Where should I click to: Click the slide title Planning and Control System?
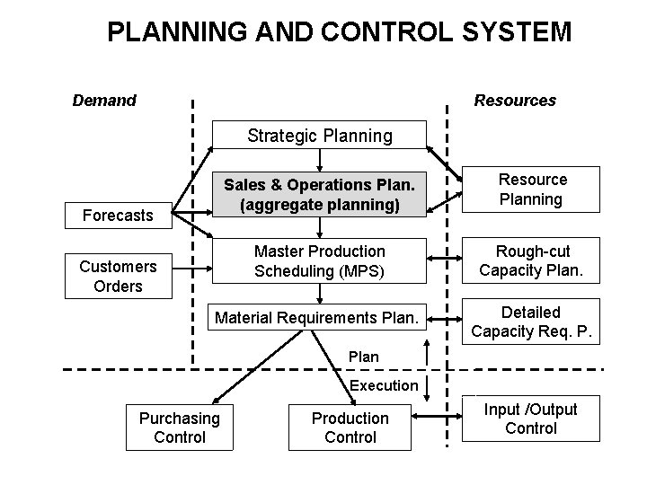pyautogui.click(x=339, y=33)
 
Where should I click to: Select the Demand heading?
pyautogui.click(x=104, y=101)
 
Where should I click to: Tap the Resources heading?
pyautogui.click(x=515, y=101)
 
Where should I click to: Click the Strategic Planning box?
pyautogui.click(x=320, y=136)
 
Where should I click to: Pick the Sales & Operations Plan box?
pyautogui.click(x=320, y=195)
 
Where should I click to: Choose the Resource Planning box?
pyautogui.click(x=533, y=190)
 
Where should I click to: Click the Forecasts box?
pyautogui.click(x=118, y=216)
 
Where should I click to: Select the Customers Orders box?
pyautogui.click(x=118, y=276)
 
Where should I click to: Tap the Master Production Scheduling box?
pyautogui.click(x=320, y=260)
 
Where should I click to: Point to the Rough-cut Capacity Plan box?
pyautogui.click(x=533, y=260)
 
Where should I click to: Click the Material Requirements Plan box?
pyautogui.click(x=316, y=317)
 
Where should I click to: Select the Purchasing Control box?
pyautogui.click(x=180, y=428)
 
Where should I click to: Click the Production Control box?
pyautogui.click(x=350, y=428)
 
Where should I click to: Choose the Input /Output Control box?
pyautogui.click(x=530, y=419)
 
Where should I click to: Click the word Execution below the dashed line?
pyautogui.click(x=384, y=385)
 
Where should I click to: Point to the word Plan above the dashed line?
pyautogui.click(x=364, y=357)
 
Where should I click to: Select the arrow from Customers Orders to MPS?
pyautogui.click(x=191, y=267)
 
